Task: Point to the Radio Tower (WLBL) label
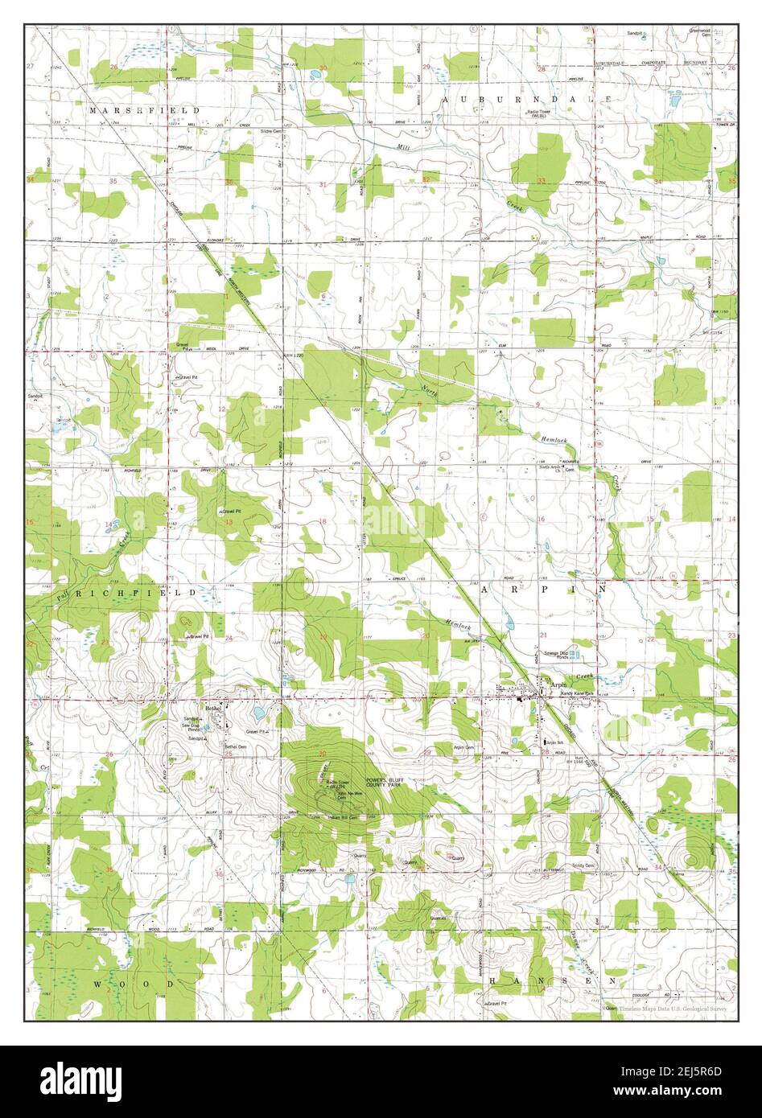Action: point(543,114)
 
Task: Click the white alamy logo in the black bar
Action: point(83,1079)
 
